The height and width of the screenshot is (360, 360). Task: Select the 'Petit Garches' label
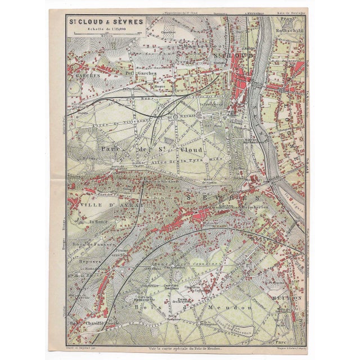[x=136, y=73]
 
